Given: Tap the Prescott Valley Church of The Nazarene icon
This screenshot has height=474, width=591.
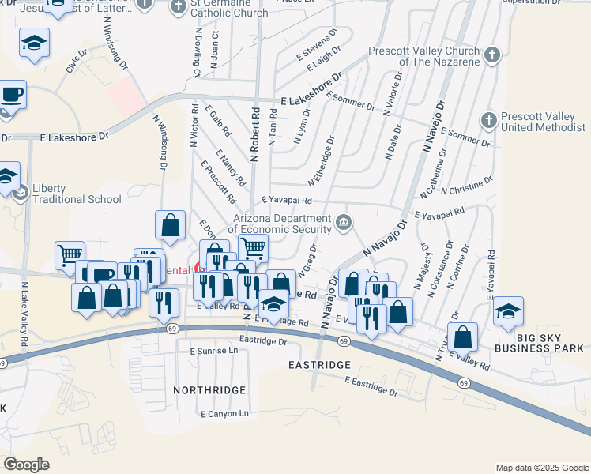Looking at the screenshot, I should [x=492, y=55].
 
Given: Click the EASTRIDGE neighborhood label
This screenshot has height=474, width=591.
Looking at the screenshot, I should [x=319, y=365].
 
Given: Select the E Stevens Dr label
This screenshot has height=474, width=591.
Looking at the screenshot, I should [x=318, y=46].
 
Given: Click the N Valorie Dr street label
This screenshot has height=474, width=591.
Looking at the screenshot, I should [x=393, y=97].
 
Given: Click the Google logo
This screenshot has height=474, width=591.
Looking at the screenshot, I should [x=27, y=465].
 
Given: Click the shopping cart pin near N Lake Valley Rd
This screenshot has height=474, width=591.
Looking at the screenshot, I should [x=70, y=254].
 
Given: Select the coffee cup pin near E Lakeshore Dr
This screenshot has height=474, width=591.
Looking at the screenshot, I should [x=13, y=96].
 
